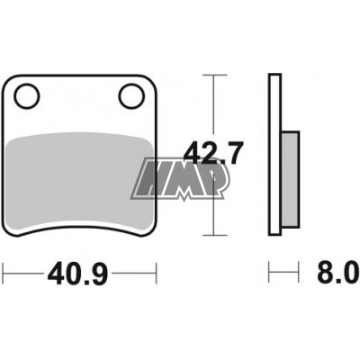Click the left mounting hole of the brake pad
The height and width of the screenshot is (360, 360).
27,93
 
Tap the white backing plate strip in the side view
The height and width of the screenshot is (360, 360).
274,153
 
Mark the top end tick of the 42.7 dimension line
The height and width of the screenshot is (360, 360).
212,75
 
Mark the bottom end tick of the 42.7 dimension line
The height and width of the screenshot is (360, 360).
212,233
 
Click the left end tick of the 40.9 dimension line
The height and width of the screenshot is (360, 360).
4,269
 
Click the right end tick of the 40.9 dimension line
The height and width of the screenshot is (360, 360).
157,269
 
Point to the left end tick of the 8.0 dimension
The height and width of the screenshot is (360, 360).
269,269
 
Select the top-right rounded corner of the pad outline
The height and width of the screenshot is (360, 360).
149,79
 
